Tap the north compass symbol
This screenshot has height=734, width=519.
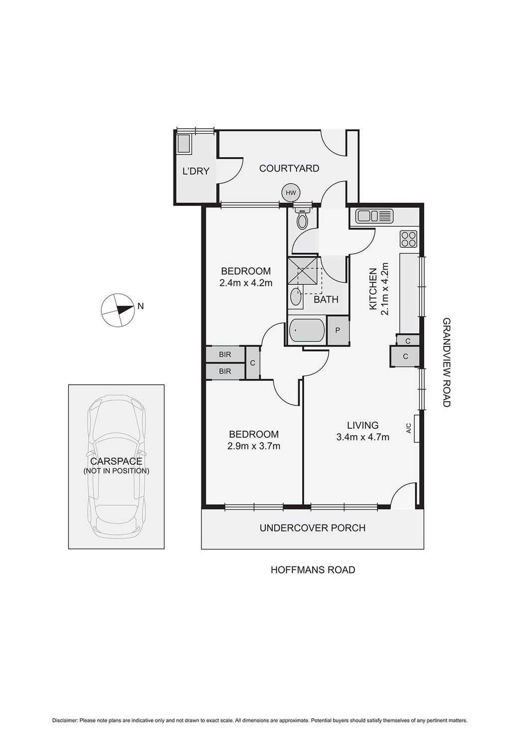click(x=118, y=310)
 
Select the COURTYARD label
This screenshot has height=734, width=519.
click(x=289, y=169)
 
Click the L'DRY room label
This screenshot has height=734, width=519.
click(x=195, y=172)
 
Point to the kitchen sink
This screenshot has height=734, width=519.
click(x=374, y=216)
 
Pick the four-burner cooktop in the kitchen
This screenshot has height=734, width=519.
click(x=408, y=239)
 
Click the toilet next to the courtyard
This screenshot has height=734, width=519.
click(x=302, y=218)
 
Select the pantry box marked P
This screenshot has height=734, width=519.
click(x=338, y=331)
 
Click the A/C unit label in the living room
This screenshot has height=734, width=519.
click(x=409, y=428)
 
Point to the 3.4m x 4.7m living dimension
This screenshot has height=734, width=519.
click(x=362, y=437)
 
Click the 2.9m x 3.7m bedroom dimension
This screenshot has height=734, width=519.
click(x=253, y=446)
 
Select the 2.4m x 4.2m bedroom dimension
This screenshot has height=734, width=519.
click(x=245, y=283)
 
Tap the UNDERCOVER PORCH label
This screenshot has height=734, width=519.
click(x=313, y=528)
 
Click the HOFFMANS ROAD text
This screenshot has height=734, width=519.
click(x=313, y=569)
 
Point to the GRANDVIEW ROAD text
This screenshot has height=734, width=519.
click(x=446, y=363)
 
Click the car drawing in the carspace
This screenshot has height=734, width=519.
click(x=117, y=466)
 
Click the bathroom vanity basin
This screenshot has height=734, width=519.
click(x=296, y=297)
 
